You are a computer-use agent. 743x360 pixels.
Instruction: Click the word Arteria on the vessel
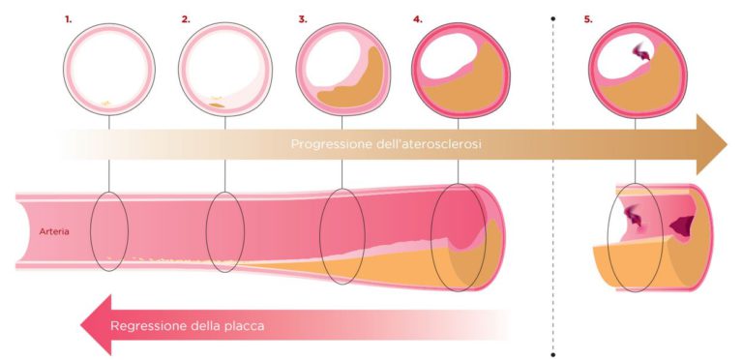click(52, 231)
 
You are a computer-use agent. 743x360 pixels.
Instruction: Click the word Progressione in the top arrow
click(335, 144)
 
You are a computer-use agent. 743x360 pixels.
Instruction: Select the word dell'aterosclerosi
click(431, 144)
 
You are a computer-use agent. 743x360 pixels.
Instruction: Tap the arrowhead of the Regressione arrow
click(95, 325)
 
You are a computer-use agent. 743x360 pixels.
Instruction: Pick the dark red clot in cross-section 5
click(639, 60)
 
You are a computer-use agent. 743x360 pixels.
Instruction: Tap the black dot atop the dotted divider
click(552, 17)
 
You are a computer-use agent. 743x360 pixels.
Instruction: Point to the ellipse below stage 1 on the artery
click(109, 232)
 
